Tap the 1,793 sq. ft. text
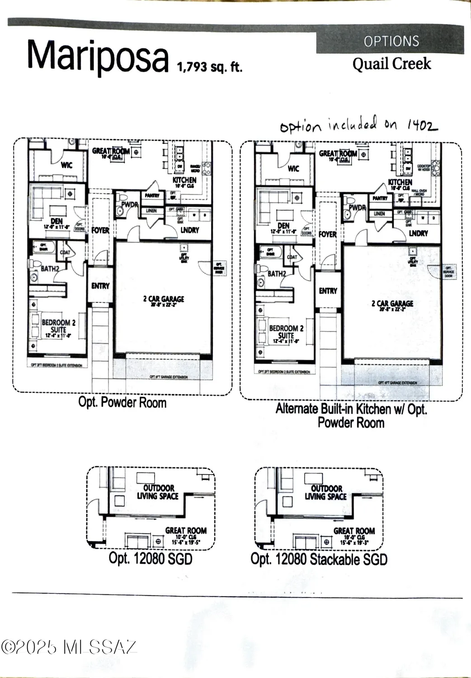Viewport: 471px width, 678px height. pyautogui.click(x=209, y=67)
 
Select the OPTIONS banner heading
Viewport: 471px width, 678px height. pyautogui.click(x=391, y=42)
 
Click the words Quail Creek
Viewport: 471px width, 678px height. pyautogui.click(x=391, y=64)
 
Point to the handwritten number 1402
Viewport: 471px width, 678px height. pyautogui.click(x=422, y=125)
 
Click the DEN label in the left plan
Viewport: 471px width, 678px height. pyautogui.click(x=57, y=221)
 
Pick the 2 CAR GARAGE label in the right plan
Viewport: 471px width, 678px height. pyautogui.click(x=392, y=304)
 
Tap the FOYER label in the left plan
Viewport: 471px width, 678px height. pyautogui.click(x=100, y=230)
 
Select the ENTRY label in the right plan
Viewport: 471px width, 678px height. pyautogui.click(x=328, y=291)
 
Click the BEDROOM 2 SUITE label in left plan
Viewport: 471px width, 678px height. pyautogui.click(x=58, y=326)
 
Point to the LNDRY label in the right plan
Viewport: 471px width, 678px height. pyautogui.click(x=418, y=233)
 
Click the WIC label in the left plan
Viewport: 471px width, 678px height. pyautogui.click(x=66, y=165)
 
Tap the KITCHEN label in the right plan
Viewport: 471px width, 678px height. pyautogui.click(x=400, y=182)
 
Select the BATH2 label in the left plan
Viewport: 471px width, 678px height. pyautogui.click(x=50, y=268)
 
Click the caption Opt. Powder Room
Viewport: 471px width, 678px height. pyautogui.click(x=122, y=402)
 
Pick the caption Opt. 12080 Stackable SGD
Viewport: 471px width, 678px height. pyautogui.click(x=319, y=559)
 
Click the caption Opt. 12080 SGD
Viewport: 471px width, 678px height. pyautogui.click(x=151, y=558)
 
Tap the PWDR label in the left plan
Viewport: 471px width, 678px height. pyautogui.click(x=129, y=205)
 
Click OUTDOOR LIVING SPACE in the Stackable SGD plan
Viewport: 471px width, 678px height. pyautogui.click(x=326, y=492)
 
